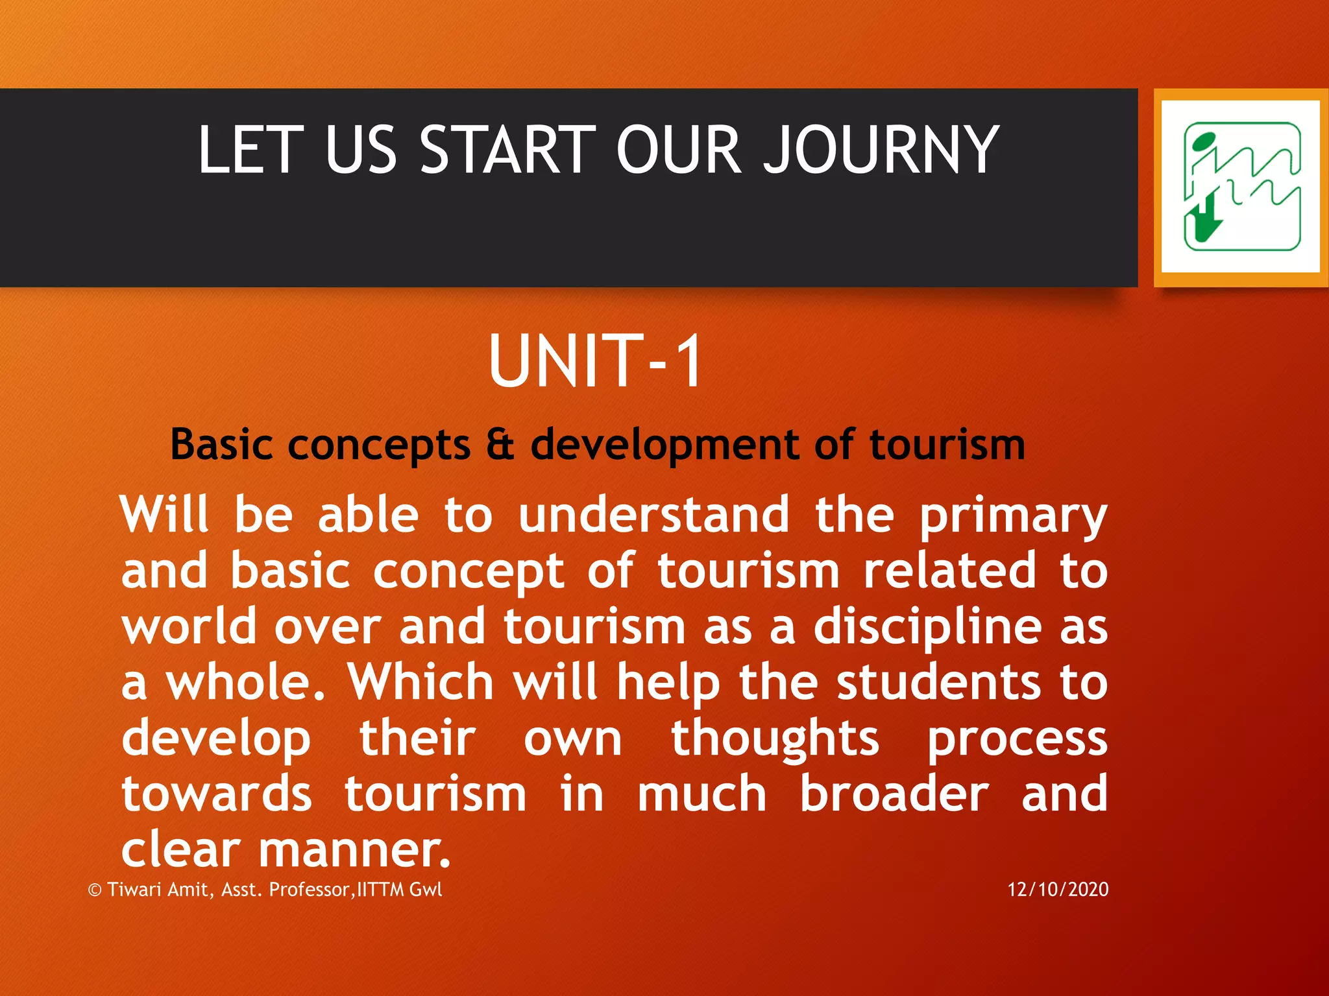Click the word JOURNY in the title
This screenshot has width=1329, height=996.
click(881, 150)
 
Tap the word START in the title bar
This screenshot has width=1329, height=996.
click(507, 150)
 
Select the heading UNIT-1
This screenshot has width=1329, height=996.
click(595, 361)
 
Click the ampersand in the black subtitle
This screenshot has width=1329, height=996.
click(500, 445)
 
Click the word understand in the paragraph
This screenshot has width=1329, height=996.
click(653, 515)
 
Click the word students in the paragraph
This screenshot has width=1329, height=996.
click(938, 682)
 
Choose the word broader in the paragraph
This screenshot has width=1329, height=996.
click(894, 794)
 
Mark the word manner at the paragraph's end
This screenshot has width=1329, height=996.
click(354, 850)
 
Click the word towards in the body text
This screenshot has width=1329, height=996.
click(217, 794)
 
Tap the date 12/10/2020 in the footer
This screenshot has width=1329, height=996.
click(1058, 889)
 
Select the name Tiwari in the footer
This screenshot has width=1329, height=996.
click(134, 889)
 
